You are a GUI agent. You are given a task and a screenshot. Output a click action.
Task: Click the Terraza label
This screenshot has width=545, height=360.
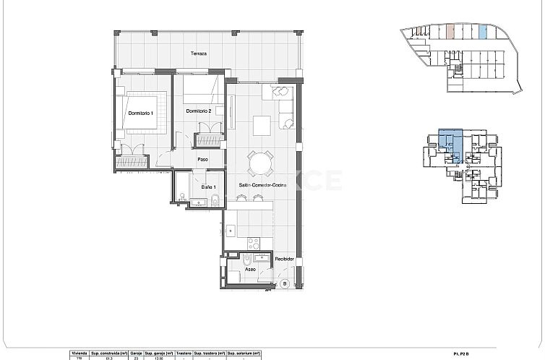click(x=199, y=53)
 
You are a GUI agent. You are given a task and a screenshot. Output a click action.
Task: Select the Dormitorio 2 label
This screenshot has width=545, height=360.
click(x=198, y=111)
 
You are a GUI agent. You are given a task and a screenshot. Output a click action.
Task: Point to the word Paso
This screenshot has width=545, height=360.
click(x=203, y=160)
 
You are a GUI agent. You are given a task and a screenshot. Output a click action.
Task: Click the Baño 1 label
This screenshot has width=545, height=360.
click(x=209, y=188)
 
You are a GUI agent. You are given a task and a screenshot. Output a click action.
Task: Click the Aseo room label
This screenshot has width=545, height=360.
click(x=249, y=269)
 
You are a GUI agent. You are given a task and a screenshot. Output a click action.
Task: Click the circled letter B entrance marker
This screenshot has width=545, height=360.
click(x=285, y=284)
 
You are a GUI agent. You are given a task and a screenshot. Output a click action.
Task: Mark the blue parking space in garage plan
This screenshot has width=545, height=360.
click(x=484, y=32)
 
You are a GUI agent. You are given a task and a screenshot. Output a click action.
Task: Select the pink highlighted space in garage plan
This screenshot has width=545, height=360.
click(x=450, y=32)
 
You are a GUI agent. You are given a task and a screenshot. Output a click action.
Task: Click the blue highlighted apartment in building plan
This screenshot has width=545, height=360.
click(x=450, y=142)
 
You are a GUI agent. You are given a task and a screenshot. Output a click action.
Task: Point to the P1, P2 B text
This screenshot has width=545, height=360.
click(x=460, y=353)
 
